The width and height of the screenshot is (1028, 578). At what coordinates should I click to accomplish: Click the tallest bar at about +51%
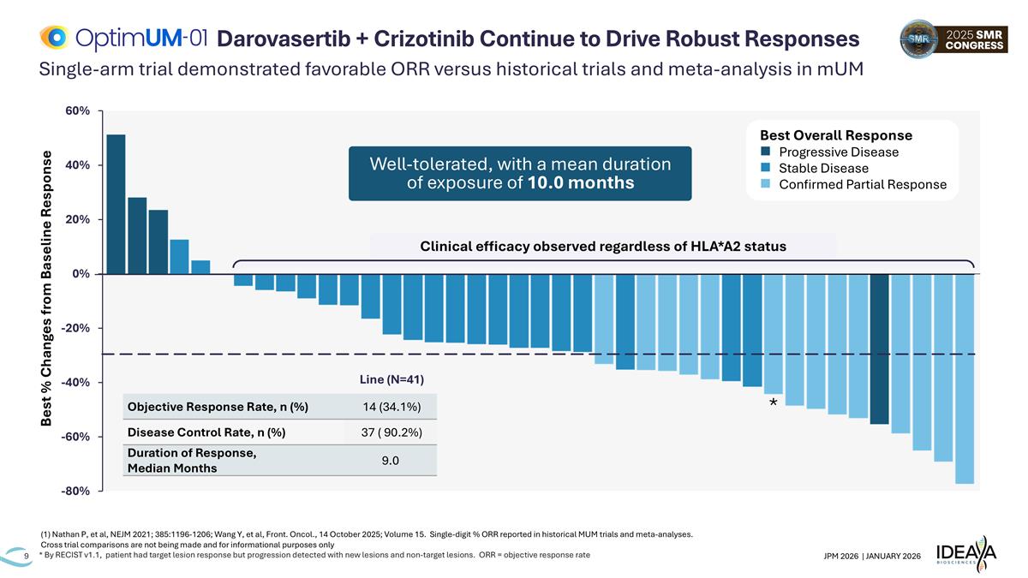[x=116, y=204]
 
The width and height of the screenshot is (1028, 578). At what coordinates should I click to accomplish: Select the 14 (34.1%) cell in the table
[x=390, y=406]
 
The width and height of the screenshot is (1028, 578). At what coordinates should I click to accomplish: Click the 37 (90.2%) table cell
[x=390, y=432]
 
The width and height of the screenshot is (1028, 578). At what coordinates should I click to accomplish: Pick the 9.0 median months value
[x=390, y=461]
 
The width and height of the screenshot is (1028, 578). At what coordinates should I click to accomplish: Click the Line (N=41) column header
[x=390, y=379]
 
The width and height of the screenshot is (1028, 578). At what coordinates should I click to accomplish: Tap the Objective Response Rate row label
[x=218, y=406]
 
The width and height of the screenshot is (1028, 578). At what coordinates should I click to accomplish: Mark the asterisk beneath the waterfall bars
[x=773, y=402]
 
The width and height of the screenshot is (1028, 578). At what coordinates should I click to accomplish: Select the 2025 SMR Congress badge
[x=951, y=39]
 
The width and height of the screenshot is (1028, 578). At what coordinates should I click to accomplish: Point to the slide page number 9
[x=27, y=557]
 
